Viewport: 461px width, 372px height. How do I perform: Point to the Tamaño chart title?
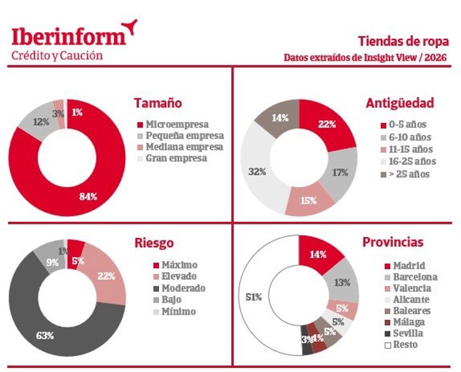[158, 104]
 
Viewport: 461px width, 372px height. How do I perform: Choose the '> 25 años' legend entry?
[408, 174]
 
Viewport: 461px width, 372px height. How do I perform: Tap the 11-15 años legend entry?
[408, 149]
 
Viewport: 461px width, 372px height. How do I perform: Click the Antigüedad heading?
[400, 103]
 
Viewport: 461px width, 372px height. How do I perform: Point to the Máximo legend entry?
[169, 264]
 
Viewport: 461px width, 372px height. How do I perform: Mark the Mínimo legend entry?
[169, 312]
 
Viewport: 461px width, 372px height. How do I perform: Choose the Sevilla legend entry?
[406, 333]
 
